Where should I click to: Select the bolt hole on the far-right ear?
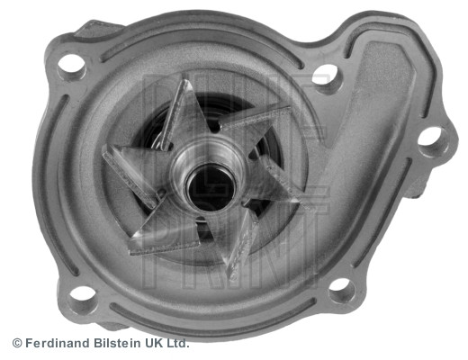[431, 138]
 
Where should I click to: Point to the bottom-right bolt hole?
[340, 288]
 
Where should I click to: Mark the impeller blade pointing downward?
[236, 241]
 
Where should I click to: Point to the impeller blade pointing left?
[130, 168]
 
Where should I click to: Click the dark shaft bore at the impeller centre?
[210, 184]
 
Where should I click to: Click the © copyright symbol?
[16, 343]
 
